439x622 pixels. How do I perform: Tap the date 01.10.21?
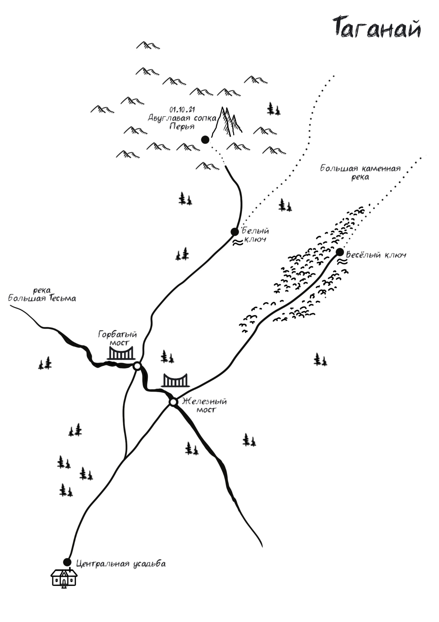[182, 110]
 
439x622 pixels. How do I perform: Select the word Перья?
[182, 126]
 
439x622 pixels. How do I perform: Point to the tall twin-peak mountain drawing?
[228, 121]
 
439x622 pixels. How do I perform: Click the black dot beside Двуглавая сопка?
[205, 139]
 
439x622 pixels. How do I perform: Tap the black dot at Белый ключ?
[235, 232]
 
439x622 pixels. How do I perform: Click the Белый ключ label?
[255, 235]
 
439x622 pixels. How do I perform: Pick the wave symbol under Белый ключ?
[238, 243]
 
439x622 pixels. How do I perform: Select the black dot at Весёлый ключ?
[340, 252]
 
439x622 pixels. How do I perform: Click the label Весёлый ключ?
[376, 255]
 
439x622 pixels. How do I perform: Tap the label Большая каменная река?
[360, 172]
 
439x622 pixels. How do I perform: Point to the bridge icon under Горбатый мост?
[121, 353]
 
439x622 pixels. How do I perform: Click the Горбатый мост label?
[118, 338]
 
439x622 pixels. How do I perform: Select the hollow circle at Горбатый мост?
[137, 366]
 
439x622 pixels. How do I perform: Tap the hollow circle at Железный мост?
[173, 402]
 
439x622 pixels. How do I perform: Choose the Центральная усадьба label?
[121, 564]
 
